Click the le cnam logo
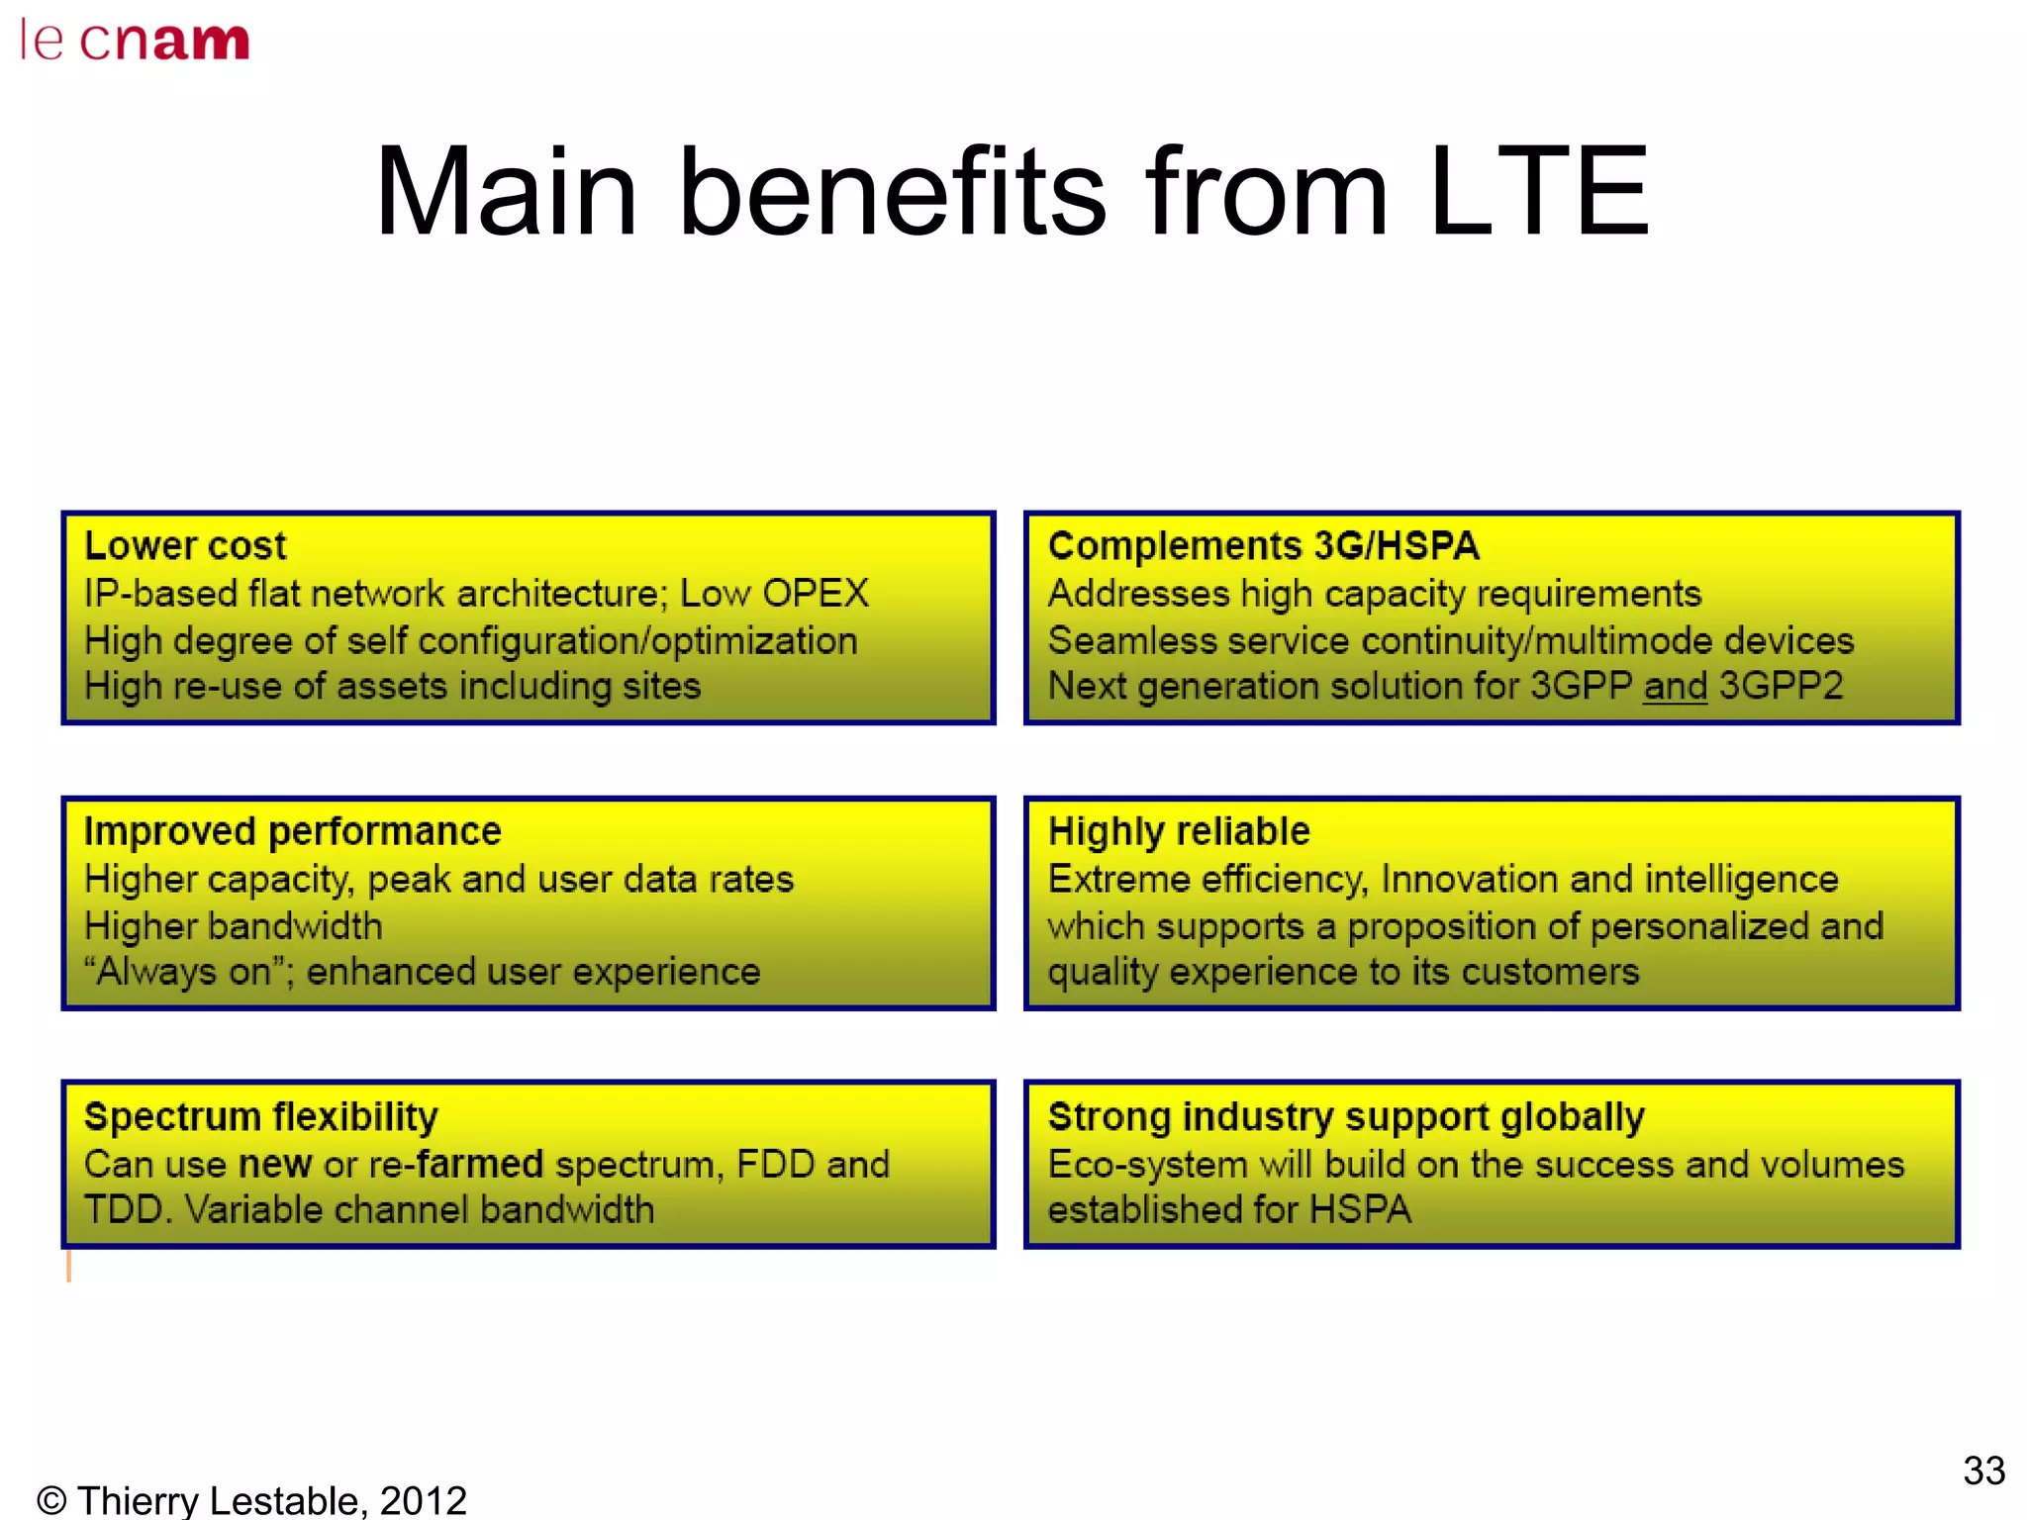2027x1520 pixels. point(135,42)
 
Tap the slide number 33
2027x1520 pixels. point(1983,1471)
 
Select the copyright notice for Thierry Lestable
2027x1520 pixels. point(251,1500)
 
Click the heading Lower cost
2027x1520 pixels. point(185,545)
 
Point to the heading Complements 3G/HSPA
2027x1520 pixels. point(1263,545)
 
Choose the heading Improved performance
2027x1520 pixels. point(292,831)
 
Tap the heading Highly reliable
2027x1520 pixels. point(1179,831)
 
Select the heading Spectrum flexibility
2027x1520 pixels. point(260,1116)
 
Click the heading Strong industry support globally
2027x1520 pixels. point(1346,1116)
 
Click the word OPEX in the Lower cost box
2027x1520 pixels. point(816,594)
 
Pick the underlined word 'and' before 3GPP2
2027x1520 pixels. point(1675,686)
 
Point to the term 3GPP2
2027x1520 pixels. point(1782,686)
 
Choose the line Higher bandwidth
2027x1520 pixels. point(233,926)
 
